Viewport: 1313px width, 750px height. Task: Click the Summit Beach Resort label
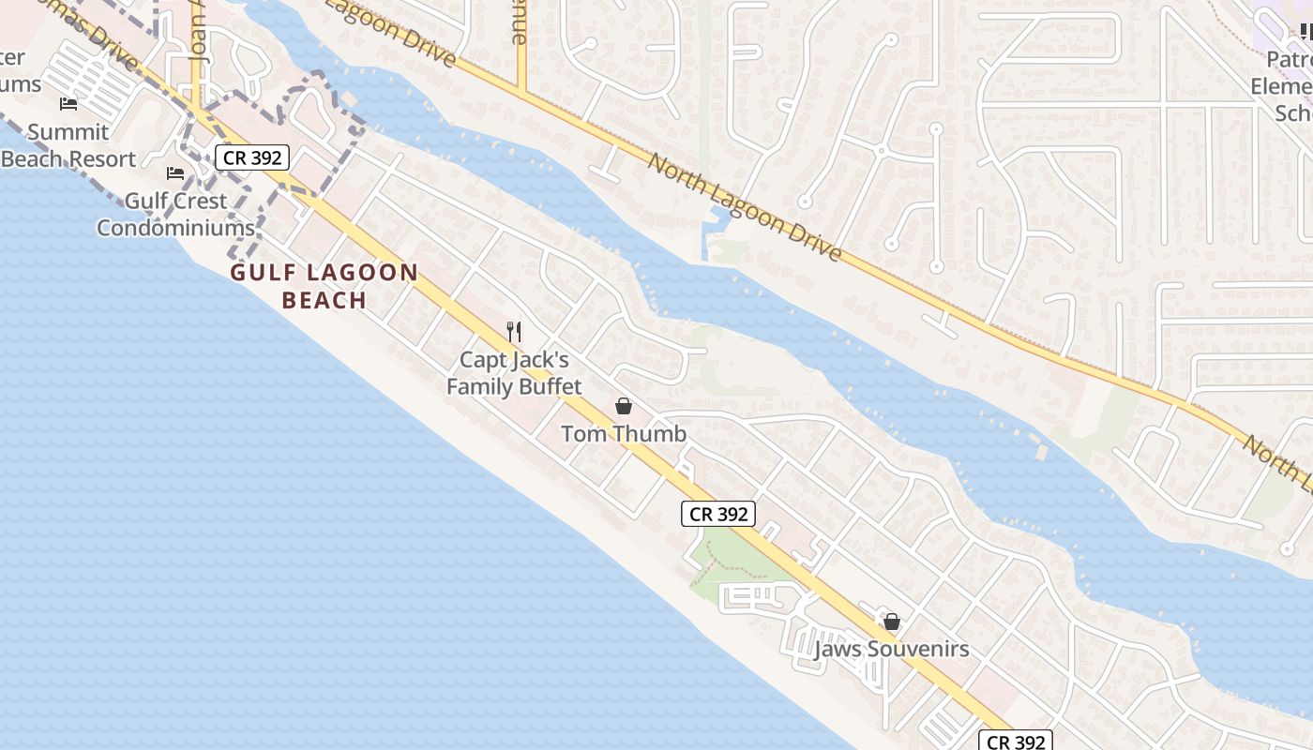[68, 145]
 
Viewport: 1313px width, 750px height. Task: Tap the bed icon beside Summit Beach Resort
[68, 103]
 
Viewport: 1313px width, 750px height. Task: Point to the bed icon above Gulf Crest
[175, 172]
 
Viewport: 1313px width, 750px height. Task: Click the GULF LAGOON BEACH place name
[324, 286]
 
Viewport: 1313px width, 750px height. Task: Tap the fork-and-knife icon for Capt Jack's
[514, 331]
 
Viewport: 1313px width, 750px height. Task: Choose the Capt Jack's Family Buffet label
[514, 372]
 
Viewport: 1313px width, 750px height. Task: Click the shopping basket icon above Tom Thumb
[624, 406]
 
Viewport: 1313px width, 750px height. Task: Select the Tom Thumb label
[624, 434]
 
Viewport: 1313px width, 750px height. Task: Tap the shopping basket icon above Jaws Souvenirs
[892, 621]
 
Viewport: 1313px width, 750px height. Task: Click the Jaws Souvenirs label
[891, 649]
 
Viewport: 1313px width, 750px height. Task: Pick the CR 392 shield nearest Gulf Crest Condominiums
[252, 157]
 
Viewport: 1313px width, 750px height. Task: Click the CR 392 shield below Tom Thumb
[717, 514]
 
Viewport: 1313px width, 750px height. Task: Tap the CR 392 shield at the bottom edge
[1016, 741]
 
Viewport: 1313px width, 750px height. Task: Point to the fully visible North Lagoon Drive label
[745, 207]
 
